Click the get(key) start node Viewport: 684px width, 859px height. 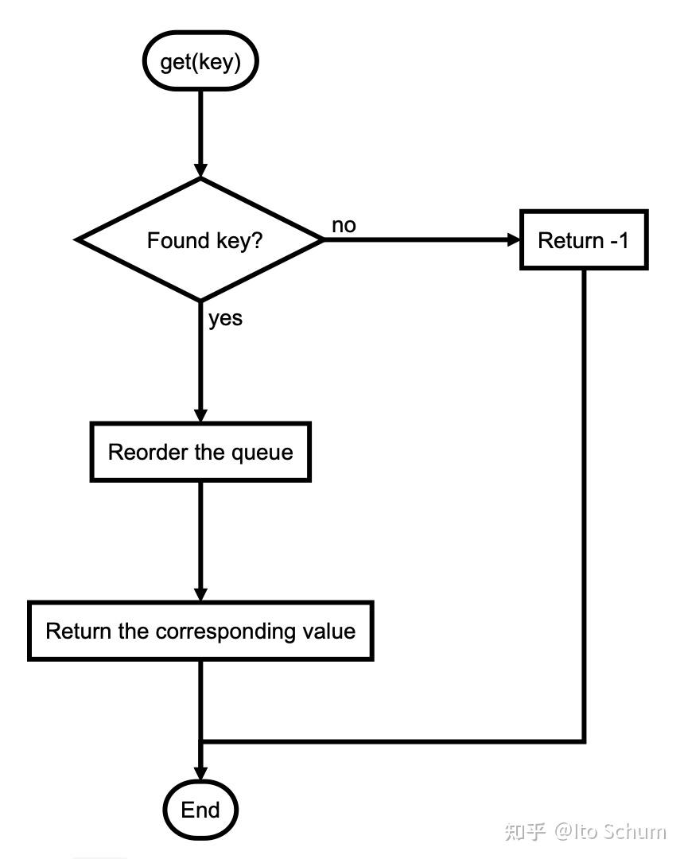[200, 60]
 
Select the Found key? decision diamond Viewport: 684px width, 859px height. [200, 240]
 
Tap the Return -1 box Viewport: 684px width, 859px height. [584, 240]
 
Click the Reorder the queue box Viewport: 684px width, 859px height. [200, 452]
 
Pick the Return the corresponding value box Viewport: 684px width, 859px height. [200, 631]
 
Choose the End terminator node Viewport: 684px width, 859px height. [200, 810]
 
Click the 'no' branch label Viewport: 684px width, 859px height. [344, 225]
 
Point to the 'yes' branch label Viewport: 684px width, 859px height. [225, 319]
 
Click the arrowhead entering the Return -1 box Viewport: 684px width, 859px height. [513, 239]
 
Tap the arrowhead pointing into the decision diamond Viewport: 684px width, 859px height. [200, 170]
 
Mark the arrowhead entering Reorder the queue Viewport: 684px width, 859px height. [200, 414]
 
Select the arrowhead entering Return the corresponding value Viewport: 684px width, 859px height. [200, 594]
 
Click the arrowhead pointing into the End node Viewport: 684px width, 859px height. [200, 773]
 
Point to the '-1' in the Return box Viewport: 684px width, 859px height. [620, 240]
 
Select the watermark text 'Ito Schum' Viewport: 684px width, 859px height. [620, 832]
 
